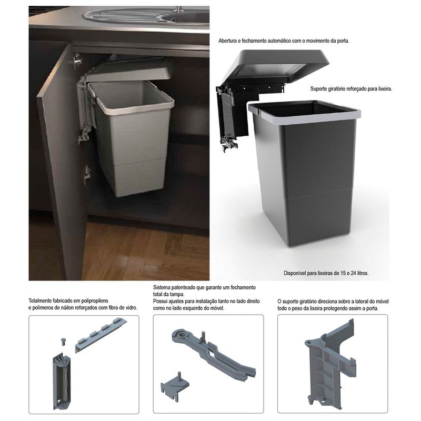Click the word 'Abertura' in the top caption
(x=227, y=41)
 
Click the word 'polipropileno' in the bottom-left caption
(x=95, y=301)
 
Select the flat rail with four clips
(x=100, y=334)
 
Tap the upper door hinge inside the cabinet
(x=77, y=61)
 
